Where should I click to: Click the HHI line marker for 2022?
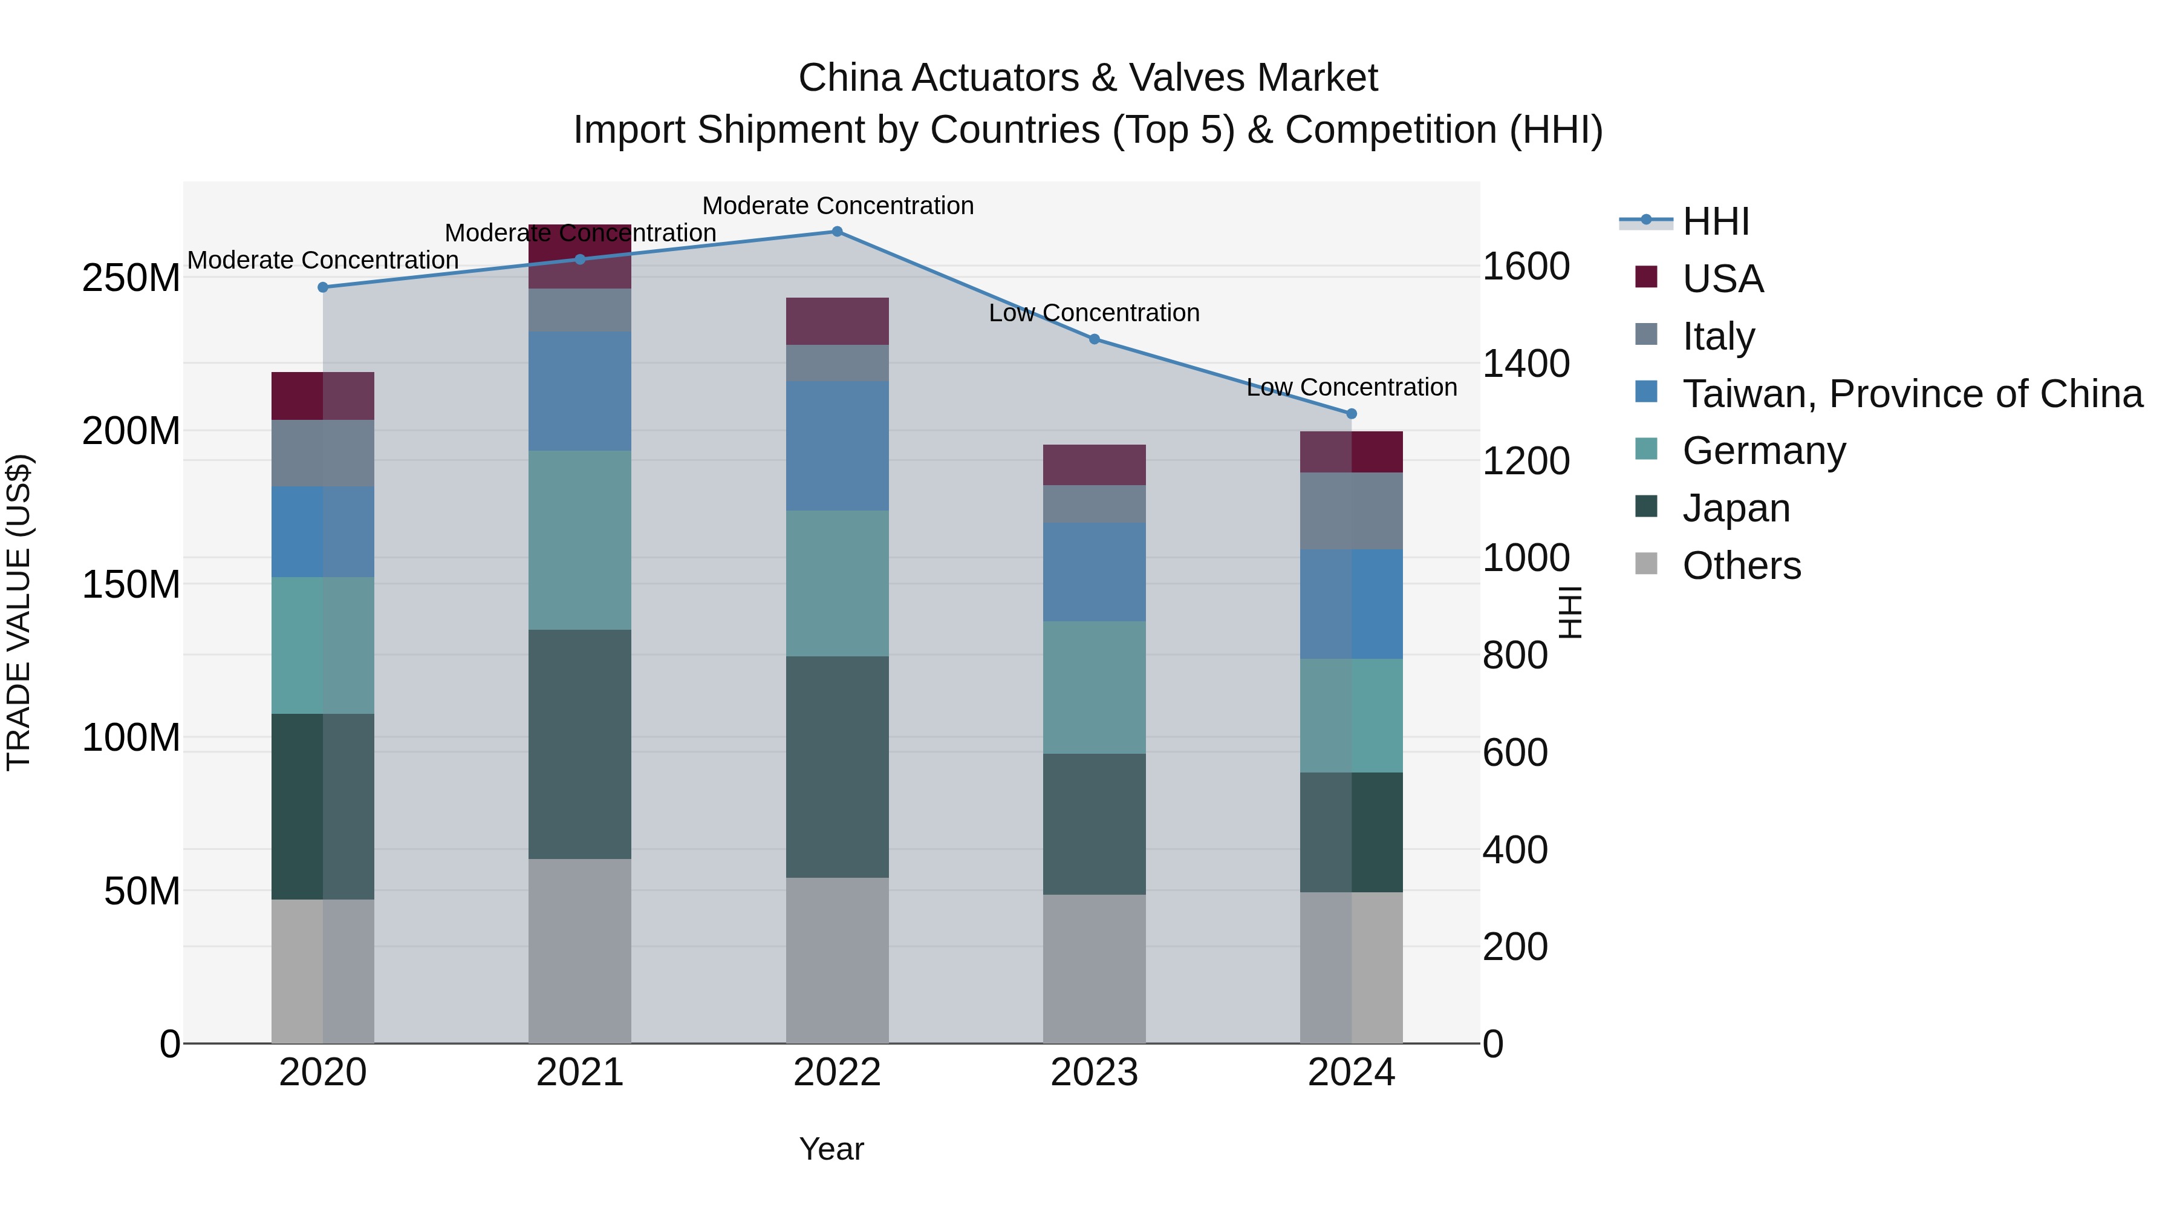[837, 232]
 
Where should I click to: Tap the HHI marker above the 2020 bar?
[323, 287]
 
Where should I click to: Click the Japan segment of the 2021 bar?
[580, 744]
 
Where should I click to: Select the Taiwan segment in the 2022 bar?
[837, 445]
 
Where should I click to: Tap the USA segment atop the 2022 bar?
[837, 321]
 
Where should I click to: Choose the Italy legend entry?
[1718, 336]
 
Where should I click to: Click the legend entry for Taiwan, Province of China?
[1912, 393]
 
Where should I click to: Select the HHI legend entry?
[1715, 221]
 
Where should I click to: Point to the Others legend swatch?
[1646, 563]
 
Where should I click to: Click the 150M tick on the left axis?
[131, 584]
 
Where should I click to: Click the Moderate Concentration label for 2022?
[838, 206]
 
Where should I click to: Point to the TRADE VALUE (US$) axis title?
[19, 612]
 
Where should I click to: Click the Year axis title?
[831, 1149]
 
